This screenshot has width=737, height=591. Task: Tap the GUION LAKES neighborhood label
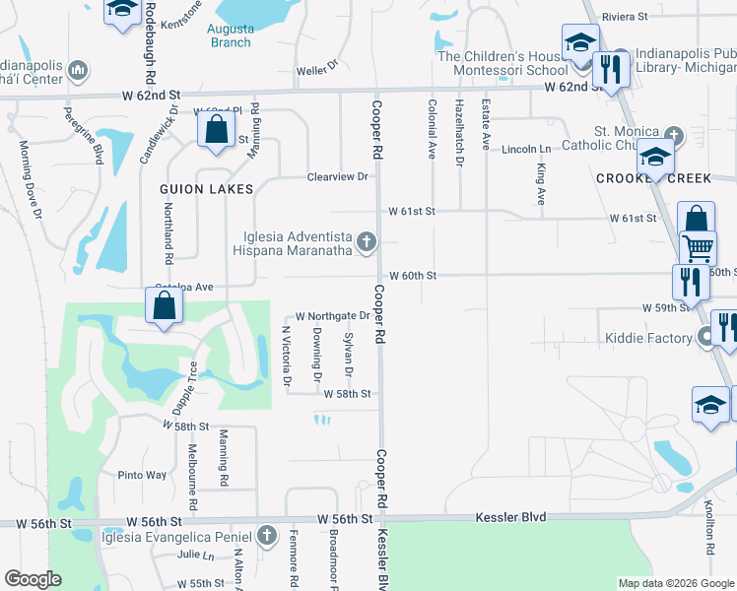click(207, 188)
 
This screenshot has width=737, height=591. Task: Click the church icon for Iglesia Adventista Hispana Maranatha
click(367, 241)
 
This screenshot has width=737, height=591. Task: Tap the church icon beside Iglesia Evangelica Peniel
click(265, 536)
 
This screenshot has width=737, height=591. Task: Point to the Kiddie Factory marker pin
click(705, 339)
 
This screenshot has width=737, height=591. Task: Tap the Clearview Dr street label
click(337, 176)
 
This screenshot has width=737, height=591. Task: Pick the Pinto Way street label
click(142, 475)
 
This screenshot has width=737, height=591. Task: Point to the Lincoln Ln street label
click(525, 149)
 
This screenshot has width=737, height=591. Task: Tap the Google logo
click(33, 579)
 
